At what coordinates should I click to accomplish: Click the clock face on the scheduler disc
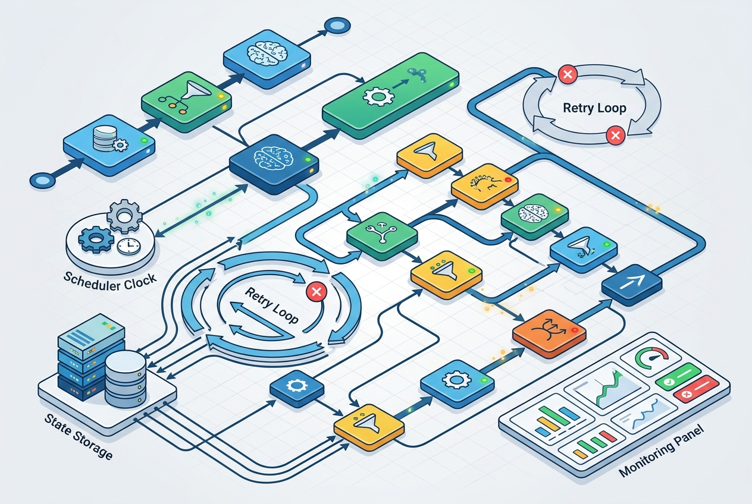[129, 247]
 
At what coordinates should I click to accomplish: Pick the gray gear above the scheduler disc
[124, 216]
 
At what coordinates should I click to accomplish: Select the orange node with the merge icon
[549, 333]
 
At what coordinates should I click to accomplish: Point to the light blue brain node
[267, 59]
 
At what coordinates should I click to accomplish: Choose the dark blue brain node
[274, 163]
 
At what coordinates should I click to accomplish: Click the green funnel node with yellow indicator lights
[186, 101]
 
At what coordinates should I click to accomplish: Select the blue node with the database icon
[109, 145]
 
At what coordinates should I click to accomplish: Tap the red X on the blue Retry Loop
[317, 291]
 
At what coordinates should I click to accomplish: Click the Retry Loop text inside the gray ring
[594, 108]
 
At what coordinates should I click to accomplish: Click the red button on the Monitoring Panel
[696, 389]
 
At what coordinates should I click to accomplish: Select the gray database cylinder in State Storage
[125, 379]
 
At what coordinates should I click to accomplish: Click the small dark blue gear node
[297, 388]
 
